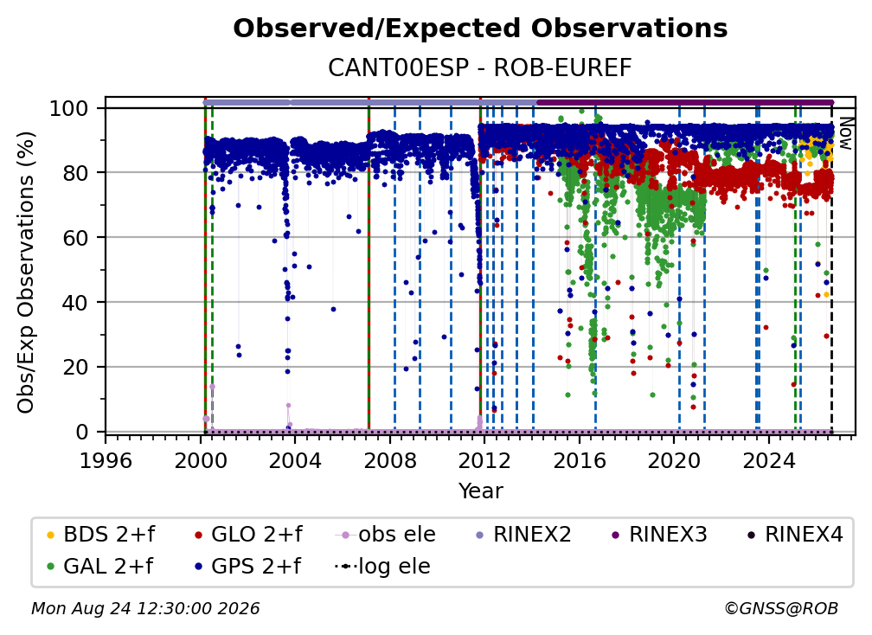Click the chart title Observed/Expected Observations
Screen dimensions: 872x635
tap(480, 29)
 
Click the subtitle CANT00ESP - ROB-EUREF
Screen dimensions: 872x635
tap(480, 67)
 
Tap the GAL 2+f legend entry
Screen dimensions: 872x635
tap(100, 567)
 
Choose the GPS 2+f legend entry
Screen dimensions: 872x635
tap(248, 567)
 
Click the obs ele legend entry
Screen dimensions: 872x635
tap(386, 535)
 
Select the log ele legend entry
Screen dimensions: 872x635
tap(382, 567)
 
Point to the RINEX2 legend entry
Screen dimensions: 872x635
tap(524, 535)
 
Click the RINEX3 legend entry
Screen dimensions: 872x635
tap(659, 535)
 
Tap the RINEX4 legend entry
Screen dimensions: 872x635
tap(795, 535)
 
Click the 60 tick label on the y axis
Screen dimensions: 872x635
tap(75, 237)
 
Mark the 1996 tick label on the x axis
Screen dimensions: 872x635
tap(106, 461)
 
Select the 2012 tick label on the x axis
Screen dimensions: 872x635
tap(484, 461)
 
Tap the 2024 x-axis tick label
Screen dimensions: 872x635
tap(768, 461)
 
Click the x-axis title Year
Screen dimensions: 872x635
tap(480, 491)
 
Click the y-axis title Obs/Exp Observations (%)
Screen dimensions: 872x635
tap(26, 273)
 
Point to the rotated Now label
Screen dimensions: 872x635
tap(845, 133)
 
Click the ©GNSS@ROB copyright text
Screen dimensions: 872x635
tap(781, 609)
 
